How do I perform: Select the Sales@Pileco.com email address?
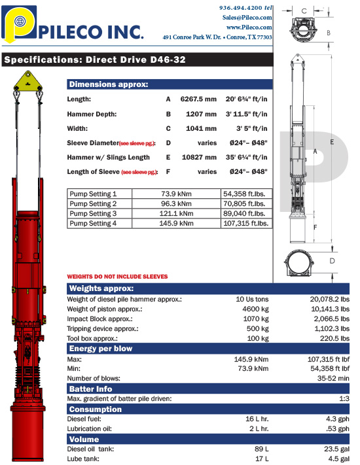[247, 17]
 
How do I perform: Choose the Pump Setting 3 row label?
[93, 213]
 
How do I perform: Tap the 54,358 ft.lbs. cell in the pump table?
[246, 194]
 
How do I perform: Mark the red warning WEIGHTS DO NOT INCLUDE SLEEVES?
[118, 277]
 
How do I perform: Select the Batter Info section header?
[92, 388]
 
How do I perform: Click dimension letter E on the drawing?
[332, 141]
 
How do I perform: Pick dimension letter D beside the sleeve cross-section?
[332, 261]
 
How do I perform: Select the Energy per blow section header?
[101, 349]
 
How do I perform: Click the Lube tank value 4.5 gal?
[338, 460]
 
